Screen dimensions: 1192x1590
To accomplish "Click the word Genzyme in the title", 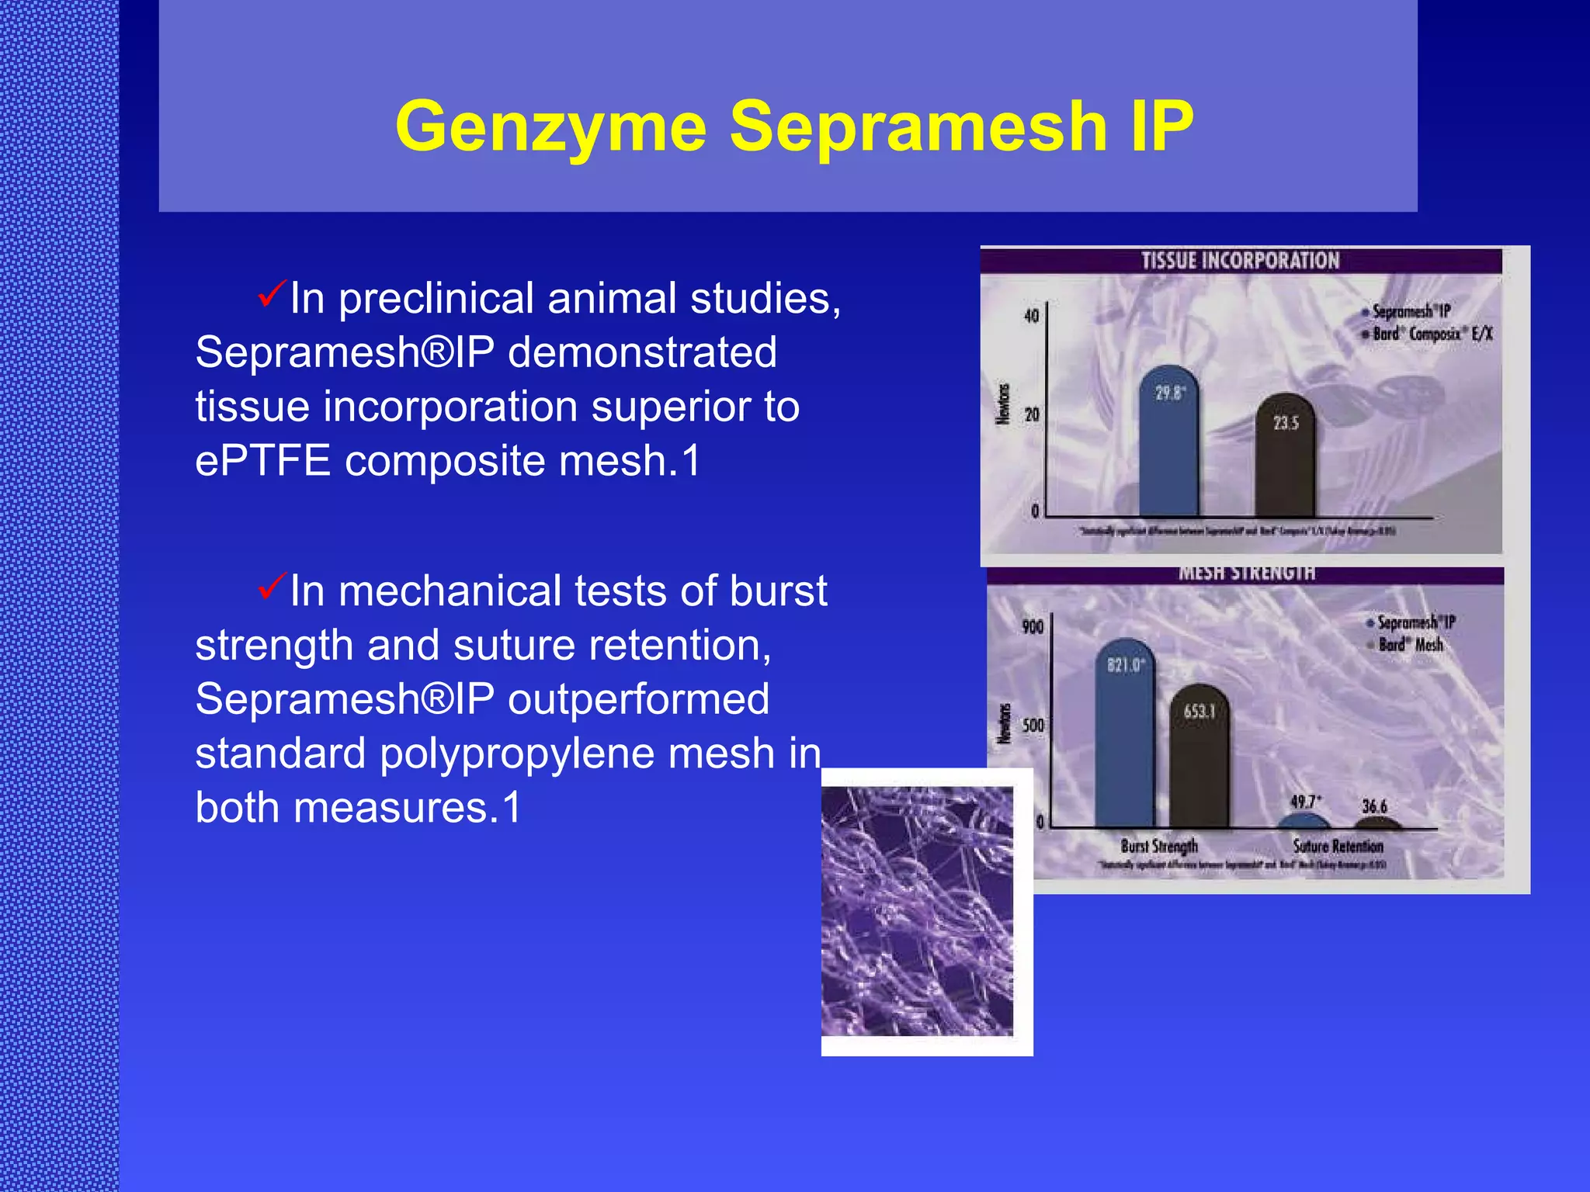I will pos(550,126).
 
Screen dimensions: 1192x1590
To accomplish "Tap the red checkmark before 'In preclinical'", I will pos(272,296).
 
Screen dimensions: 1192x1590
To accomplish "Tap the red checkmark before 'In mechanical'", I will pos(272,587).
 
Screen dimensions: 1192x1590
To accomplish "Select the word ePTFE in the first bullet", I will pos(262,461).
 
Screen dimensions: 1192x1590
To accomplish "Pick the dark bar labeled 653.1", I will pos(1199,761).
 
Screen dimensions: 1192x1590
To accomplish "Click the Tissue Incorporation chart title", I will pos(1240,261).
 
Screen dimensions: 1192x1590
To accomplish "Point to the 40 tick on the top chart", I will pos(1031,316).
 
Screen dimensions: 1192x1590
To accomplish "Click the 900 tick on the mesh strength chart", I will pos(1033,627).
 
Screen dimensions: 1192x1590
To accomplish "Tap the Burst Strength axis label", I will pos(1159,846).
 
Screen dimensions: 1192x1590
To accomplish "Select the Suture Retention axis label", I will pos(1338,846).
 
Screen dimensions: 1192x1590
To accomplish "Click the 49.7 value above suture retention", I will pos(1304,802).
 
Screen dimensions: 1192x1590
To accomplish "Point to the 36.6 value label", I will pos(1374,806).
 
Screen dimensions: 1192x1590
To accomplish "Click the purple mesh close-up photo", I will pos(918,911).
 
